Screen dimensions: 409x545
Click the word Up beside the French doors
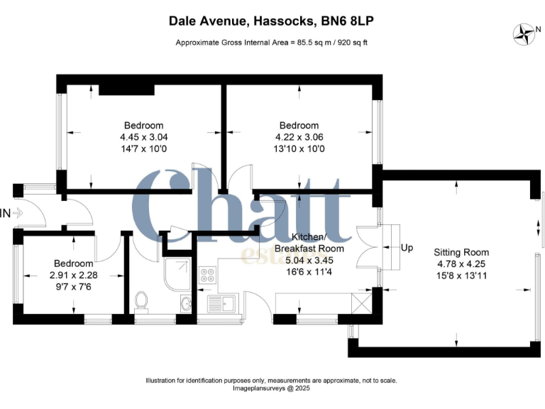point(407,248)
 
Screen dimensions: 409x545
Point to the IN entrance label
point(5,212)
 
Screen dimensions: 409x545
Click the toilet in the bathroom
point(141,301)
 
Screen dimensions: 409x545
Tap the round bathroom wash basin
point(186,304)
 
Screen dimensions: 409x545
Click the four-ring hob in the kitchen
point(209,274)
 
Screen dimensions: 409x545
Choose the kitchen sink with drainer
point(224,304)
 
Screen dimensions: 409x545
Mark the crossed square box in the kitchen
point(362,304)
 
